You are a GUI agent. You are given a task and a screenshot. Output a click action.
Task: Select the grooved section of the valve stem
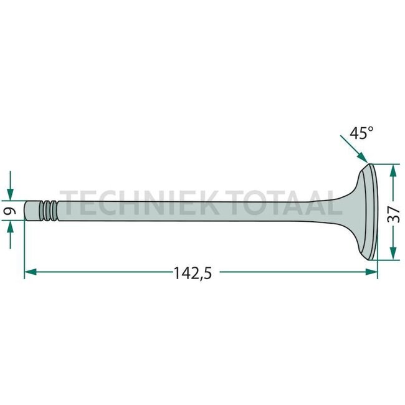pyautogui.click(x=48, y=211)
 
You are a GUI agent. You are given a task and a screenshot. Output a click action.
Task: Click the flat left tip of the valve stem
pyautogui.click(x=26, y=211)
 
